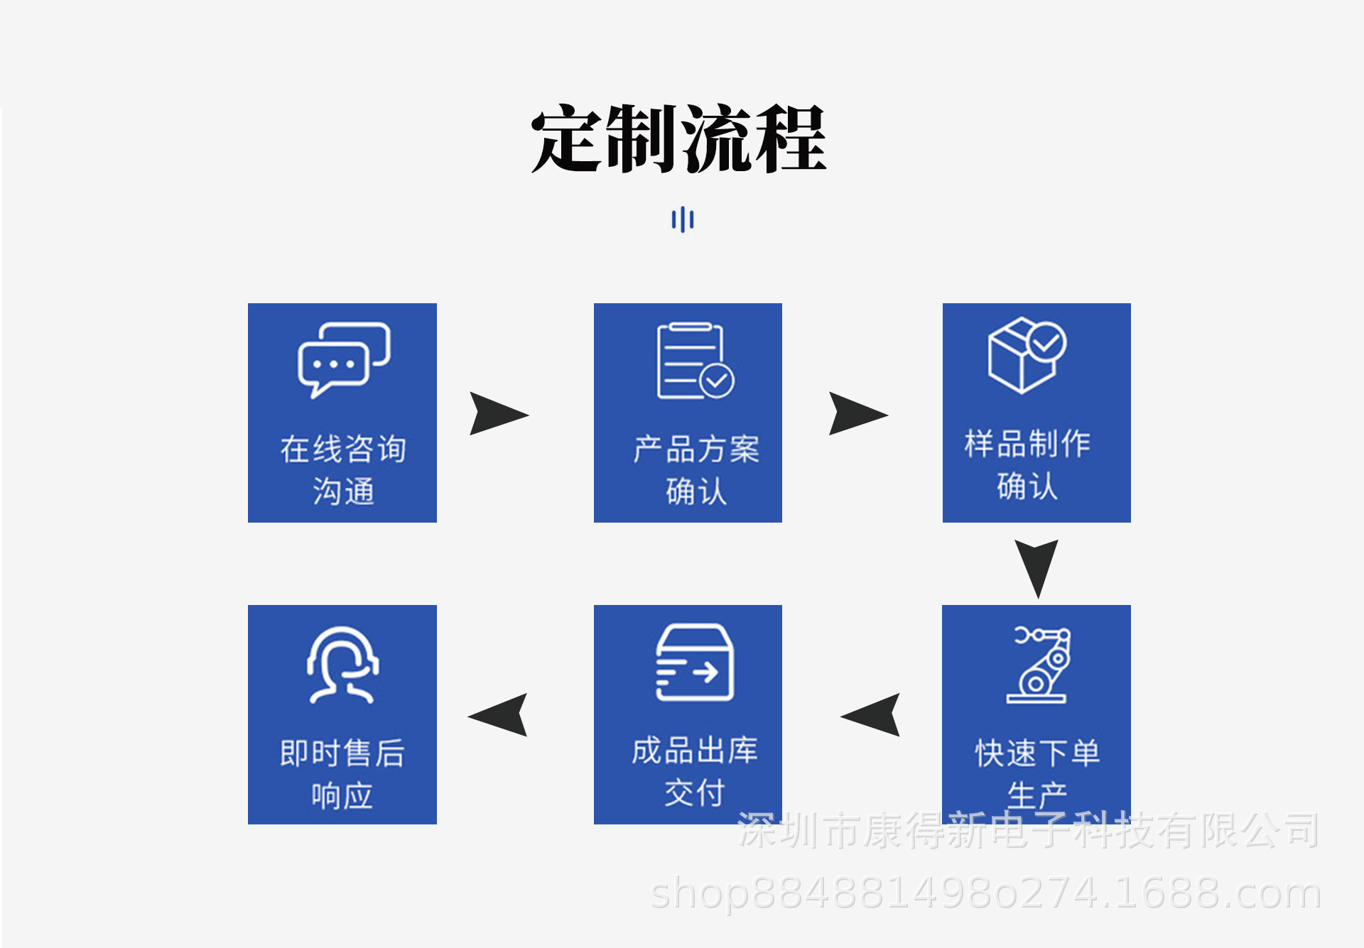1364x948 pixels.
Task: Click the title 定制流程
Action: pos(678,138)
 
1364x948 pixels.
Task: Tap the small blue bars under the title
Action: pos(682,219)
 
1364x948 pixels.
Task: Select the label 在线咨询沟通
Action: pos(343,469)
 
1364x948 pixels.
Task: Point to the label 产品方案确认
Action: pos(695,469)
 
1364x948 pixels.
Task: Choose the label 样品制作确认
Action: pos(1027,464)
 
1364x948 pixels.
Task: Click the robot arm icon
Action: pos(1038,665)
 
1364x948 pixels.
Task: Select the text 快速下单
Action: pos(1037,753)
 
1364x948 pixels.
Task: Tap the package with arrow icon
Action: pos(694,663)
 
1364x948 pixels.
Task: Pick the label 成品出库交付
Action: pos(695,771)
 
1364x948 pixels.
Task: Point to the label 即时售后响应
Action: pos(342,773)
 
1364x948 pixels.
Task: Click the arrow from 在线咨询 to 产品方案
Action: pos(497,413)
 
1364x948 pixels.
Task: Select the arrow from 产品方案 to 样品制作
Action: pos(857,413)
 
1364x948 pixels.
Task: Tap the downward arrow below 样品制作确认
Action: pos(1036,566)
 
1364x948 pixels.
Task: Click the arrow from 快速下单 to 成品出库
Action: pos(872,715)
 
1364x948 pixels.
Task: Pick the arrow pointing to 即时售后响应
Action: pos(499,715)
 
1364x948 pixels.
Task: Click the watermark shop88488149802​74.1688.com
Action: pos(985,893)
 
